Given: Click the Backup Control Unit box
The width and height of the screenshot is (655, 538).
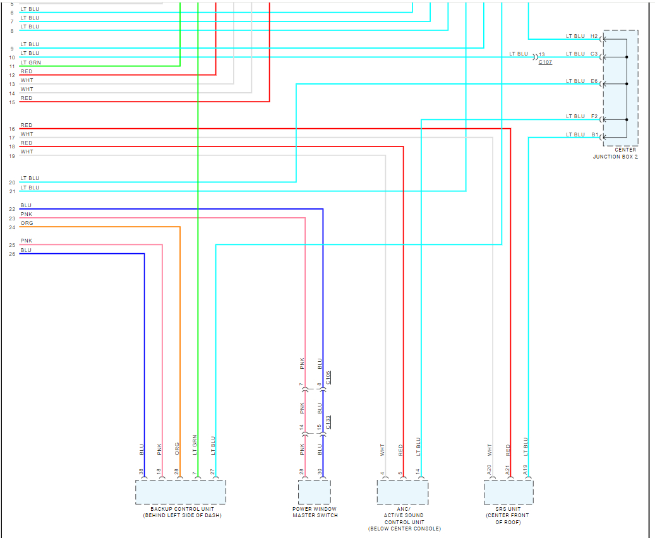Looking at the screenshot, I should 180,491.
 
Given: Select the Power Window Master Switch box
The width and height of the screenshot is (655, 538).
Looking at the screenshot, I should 314,491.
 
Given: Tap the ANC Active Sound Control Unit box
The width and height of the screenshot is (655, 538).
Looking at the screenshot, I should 402,492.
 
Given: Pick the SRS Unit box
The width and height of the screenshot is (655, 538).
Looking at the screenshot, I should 508,492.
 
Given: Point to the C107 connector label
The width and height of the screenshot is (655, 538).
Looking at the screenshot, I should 545,63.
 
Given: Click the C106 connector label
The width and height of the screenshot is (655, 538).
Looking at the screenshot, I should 328,377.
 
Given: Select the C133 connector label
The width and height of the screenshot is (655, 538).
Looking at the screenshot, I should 328,421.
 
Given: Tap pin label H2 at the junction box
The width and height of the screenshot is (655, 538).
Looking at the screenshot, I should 594,36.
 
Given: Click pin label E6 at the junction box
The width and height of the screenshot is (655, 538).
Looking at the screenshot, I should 594,81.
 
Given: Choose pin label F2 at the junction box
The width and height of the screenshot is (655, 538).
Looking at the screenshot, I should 594,116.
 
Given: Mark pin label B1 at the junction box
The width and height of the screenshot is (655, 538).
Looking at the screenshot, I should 594,134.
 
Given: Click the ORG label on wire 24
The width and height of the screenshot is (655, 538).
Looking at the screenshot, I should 27,223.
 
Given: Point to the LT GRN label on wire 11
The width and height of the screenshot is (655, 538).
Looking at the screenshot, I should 30,63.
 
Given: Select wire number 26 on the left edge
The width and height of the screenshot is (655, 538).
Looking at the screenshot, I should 12,254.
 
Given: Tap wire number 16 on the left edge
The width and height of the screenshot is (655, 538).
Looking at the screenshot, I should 12,129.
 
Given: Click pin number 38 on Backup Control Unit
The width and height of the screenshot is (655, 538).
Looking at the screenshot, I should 141,471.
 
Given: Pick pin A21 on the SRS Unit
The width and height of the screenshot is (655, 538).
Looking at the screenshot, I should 507,470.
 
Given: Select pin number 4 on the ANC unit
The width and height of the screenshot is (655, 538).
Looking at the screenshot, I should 383,472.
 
